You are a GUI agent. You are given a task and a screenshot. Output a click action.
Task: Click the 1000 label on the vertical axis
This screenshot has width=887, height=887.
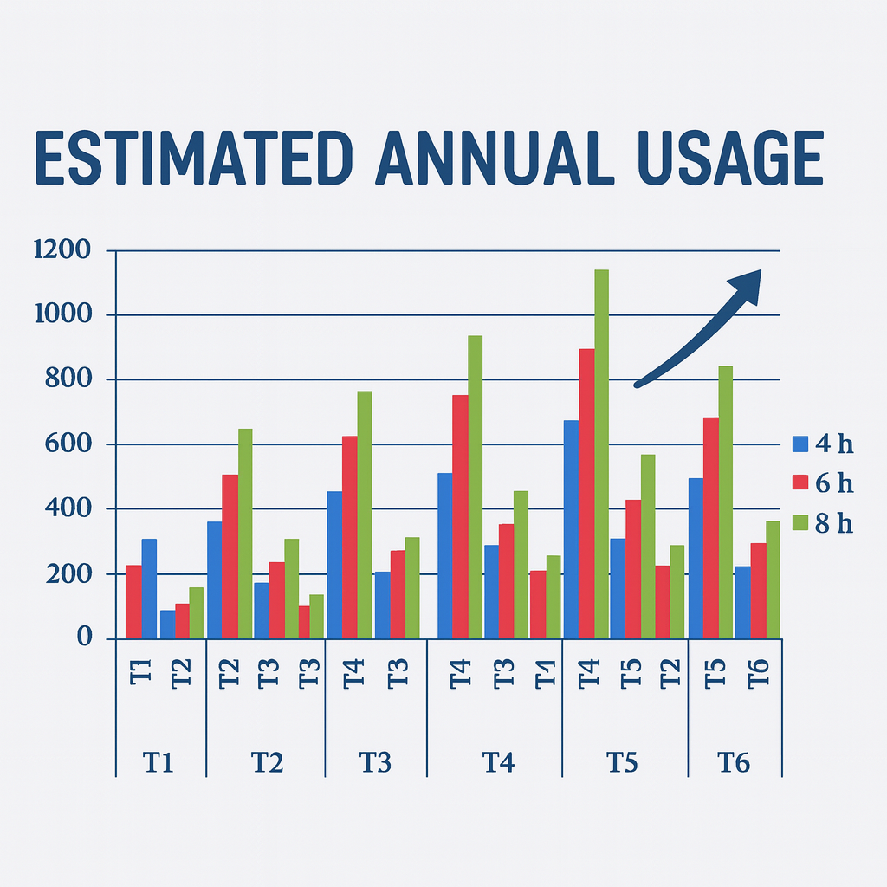[x=62, y=314]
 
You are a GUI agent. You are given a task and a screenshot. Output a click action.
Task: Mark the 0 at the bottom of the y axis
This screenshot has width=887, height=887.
[x=84, y=638]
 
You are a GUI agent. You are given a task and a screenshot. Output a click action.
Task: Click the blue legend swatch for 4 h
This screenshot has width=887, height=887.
[x=800, y=444]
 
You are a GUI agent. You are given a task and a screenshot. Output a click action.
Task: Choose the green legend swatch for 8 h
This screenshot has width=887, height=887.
[x=800, y=522]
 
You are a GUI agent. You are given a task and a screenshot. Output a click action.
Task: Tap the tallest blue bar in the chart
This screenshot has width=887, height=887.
[x=572, y=529]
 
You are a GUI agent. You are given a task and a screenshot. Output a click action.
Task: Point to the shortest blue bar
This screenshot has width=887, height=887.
[x=167, y=625]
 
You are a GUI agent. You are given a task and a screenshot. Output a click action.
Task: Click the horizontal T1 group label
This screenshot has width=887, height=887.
[x=159, y=762]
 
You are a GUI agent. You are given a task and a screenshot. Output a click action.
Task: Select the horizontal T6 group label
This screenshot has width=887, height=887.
[x=734, y=762]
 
